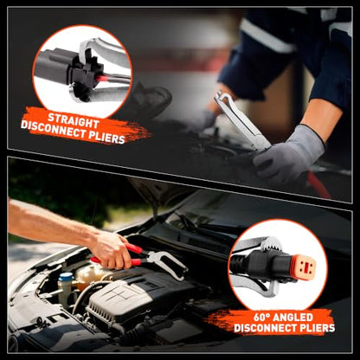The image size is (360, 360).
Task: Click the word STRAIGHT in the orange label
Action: tap(74, 121)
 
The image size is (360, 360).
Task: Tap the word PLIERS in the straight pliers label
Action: tap(106, 137)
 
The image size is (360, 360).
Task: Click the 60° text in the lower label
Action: tap(261, 318)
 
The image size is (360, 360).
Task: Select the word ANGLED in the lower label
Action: tap(292, 318)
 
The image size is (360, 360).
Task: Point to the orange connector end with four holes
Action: tap(303, 267)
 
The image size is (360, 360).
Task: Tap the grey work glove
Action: tap(288, 154)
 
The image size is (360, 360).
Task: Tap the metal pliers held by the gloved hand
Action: tap(241, 120)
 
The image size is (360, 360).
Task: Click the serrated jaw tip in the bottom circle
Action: tap(272, 244)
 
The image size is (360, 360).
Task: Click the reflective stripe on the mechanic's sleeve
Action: tap(266, 36)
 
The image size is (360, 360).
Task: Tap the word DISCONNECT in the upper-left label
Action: tap(53, 129)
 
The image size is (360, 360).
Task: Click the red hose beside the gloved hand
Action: tap(318, 184)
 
